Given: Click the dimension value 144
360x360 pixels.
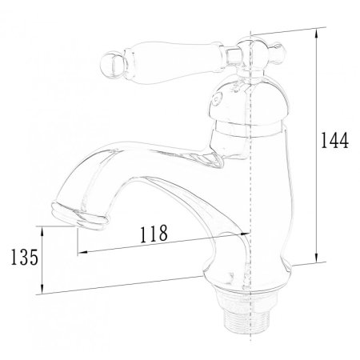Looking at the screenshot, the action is click(x=334, y=140).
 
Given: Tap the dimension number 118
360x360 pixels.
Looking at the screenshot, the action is click(x=154, y=234).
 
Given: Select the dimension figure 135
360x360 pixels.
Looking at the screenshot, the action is click(x=25, y=257).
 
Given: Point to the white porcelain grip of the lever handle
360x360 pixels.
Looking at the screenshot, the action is click(x=174, y=61).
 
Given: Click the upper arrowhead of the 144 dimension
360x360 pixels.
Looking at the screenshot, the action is click(x=316, y=33).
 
